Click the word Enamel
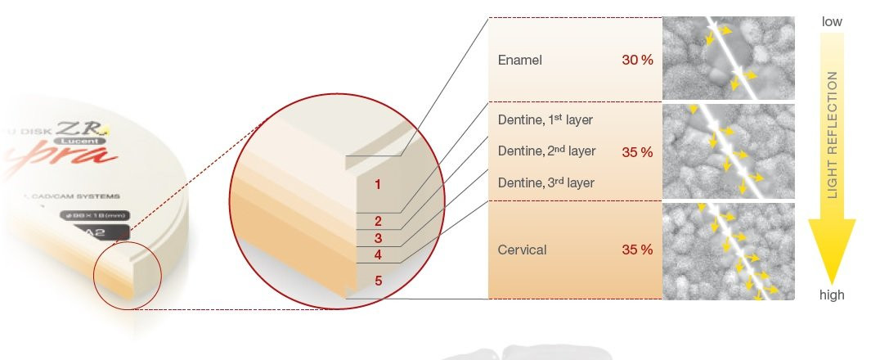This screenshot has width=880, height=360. [x=519, y=61]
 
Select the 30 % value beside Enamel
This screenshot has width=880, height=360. [x=636, y=61]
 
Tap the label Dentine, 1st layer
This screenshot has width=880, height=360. [x=545, y=120]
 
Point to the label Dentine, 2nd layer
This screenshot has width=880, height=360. [x=546, y=151]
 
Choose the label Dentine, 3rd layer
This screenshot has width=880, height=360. [x=546, y=182]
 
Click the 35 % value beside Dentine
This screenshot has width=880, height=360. [x=636, y=152]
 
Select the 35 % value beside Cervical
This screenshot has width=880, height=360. [x=636, y=250]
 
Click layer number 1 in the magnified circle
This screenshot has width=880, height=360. [x=378, y=185]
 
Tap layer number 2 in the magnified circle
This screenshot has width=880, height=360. [x=378, y=221]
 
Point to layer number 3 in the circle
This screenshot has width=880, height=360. [x=378, y=238]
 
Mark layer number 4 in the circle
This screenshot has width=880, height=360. [x=378, y=255]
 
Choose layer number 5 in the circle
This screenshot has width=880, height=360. [x=378, y=281]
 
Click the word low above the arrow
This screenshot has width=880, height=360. [x=832, y=22]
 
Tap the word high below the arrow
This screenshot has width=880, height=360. [x=832, y=295]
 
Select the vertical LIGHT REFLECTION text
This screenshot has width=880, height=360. [x=833, y=135]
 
